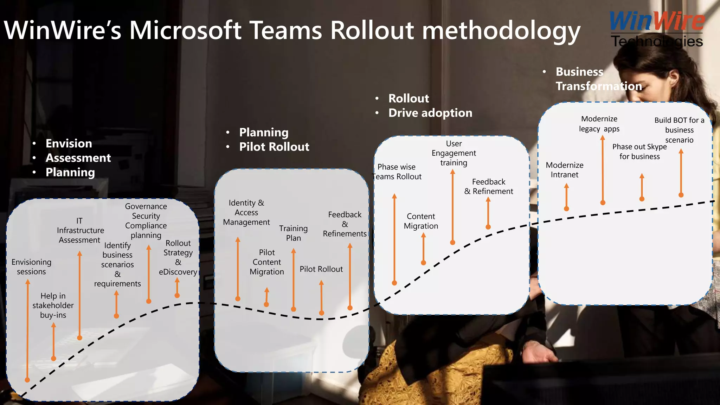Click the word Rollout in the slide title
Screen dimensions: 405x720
point(372,30)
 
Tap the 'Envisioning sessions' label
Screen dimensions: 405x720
point(31,267)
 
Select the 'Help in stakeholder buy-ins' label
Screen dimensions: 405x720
point(53,306)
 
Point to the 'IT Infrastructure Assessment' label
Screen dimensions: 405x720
point(80,230)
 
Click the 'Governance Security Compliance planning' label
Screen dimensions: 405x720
point(146,221)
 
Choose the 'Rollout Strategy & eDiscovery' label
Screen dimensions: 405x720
point(178,257)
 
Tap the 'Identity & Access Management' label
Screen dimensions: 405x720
point(246,212)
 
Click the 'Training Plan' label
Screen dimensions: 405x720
point(293,233)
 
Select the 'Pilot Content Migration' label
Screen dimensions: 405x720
point(266,262)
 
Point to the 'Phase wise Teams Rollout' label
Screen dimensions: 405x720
point(397,172)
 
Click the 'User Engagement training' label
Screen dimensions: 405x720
point(454,153)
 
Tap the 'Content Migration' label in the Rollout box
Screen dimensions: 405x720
point(421,221)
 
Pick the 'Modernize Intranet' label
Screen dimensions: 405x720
point(564,170)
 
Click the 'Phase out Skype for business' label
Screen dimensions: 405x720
point(639,152)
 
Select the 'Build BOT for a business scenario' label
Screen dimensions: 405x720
point(679,130)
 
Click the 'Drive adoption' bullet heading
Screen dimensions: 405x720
point(430,113)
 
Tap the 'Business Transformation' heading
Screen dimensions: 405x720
point(598,79)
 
